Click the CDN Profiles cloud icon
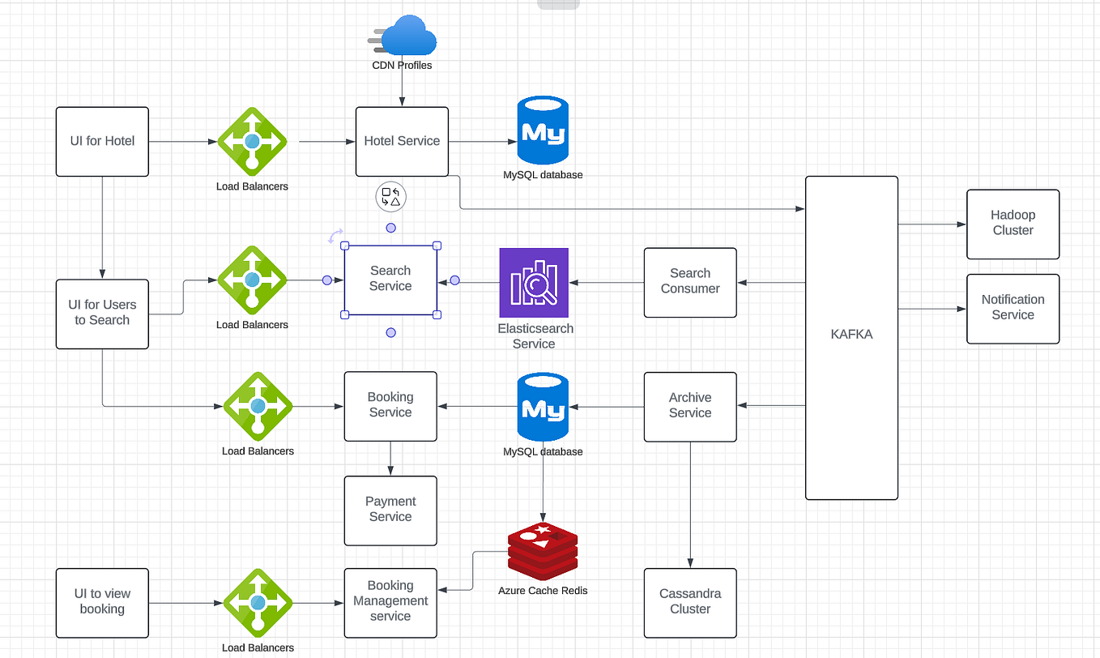[x=407, y=37]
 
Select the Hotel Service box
[x=402, y=141]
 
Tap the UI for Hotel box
[x=102, y=141]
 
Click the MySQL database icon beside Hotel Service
[x=542, y=132]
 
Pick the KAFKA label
[x=851, y=334]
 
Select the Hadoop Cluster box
[x=1013, y=224]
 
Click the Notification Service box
[x=1013, y=308]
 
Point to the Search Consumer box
[x=690, y=282]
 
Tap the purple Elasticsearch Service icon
[x=534, y=282]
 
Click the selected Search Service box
[x=390, y=280]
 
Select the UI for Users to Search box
[x=102, y=314]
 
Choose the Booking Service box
[x=390, y=405]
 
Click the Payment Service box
[x=390, y=511]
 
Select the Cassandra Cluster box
[x=690, y=602]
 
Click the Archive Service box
[x=690, y=406]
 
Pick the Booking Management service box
[x=390, y=602]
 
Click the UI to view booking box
[x=102, y=602]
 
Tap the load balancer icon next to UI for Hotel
[x=252, y=141]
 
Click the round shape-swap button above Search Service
[x=390, y=197]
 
